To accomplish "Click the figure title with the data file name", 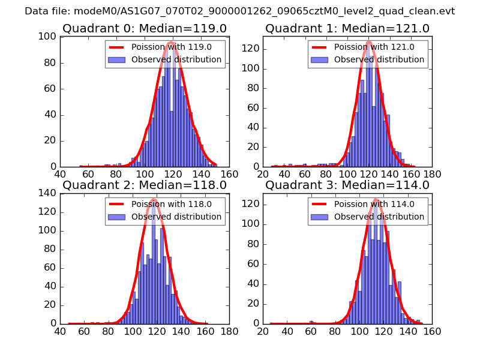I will point(240,11).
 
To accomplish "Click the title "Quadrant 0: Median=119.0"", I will point(144,28).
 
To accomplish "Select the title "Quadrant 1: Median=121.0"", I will point(347,28).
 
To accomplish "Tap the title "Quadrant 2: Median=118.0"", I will point(144,185).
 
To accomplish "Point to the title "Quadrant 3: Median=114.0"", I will point(347,185).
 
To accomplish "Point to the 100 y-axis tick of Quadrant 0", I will point(50,37).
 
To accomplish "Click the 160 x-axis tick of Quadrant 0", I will point(229,175).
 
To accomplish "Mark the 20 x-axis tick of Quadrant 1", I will point(263,175).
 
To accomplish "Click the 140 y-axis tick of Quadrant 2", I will point(50,193).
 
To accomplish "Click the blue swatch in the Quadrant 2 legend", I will point(116,217).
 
